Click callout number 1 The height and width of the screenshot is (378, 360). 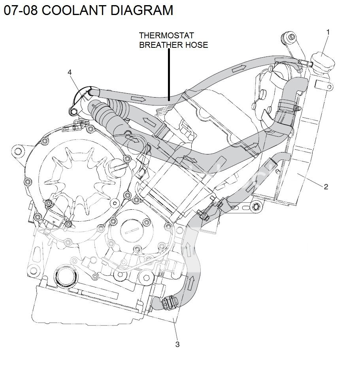point(328,31)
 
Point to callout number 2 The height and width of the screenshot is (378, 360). point(326,187)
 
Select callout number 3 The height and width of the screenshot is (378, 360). point(177,344)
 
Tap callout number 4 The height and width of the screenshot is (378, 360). point(70,72)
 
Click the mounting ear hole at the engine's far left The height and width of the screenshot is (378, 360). point(17,150)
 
